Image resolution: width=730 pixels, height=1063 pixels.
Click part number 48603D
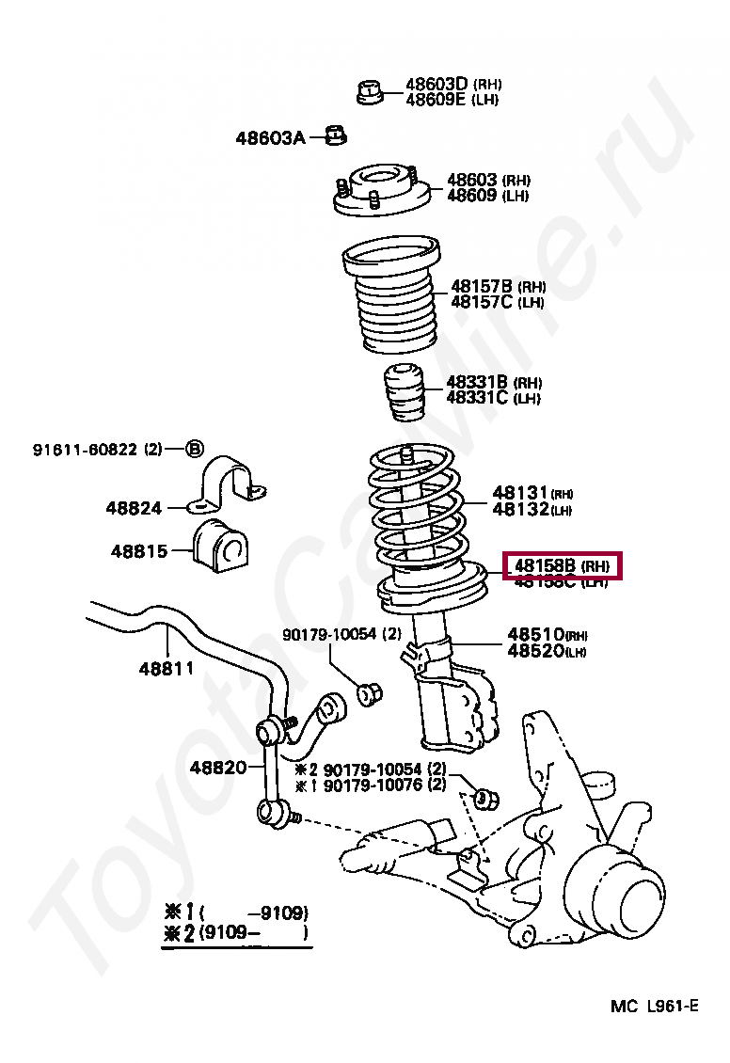[436, 84]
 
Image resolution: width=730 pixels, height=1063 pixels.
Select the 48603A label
[270, 138]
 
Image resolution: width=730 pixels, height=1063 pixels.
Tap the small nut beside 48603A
[336, 136]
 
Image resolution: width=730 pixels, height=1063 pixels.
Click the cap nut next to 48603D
[370, 92]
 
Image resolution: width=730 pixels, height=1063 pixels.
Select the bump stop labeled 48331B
[404, 392]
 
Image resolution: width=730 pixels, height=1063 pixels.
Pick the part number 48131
[519, 493]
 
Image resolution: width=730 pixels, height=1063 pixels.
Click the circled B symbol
[194, 449]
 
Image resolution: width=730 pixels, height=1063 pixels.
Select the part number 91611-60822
[86, 450]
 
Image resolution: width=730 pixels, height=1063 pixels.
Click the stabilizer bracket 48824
[230, 483]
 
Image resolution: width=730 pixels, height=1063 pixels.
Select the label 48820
[217, 767]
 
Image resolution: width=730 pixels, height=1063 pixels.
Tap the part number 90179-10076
[373, 785]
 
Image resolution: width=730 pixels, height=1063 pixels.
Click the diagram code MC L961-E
[654, 1007]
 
